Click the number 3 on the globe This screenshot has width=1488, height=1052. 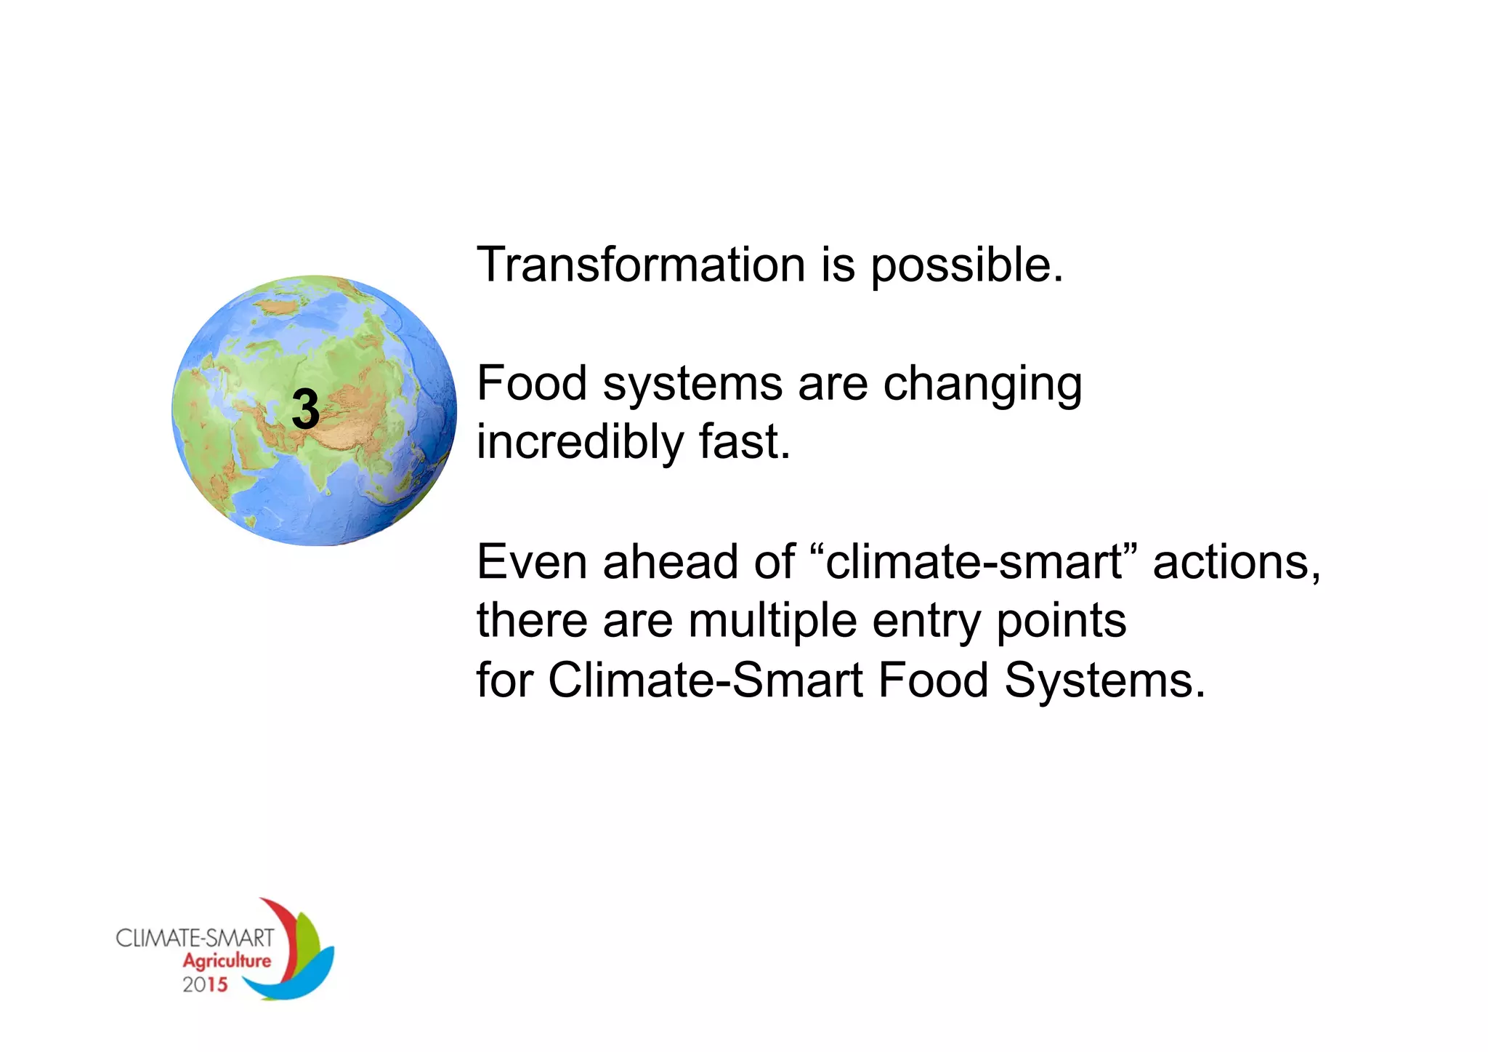306,409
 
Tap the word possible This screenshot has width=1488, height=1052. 966,266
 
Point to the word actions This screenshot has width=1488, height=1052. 1236,563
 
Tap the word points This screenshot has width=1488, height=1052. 1061,622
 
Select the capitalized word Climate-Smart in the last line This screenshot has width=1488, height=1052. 705,681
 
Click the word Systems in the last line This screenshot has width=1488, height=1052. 1104,682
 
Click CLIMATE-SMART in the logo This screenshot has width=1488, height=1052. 195,938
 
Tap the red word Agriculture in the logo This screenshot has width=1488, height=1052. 226,961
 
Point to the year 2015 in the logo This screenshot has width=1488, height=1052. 204,985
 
